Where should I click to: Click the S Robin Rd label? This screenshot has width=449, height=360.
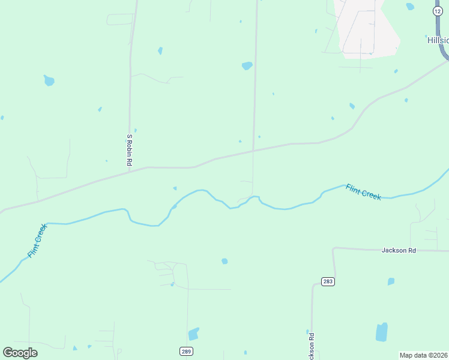129,150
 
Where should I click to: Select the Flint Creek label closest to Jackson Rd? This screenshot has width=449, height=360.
363,192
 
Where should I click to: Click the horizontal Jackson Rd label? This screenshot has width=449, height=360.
399,250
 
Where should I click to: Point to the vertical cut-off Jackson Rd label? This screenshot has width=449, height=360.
312,345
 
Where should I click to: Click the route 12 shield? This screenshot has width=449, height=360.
438,11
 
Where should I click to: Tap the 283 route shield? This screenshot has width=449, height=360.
328,281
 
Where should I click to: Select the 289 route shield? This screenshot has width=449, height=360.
185,350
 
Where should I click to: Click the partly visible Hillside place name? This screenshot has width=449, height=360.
438,40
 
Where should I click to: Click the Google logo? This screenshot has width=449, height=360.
20,352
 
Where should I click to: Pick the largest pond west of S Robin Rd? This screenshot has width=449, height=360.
49,80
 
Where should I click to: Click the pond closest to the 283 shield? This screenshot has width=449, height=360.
391,281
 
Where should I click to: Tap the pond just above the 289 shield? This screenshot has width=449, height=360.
193,334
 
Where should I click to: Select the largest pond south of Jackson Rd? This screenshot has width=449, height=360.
382,332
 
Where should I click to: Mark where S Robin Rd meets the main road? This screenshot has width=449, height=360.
130,170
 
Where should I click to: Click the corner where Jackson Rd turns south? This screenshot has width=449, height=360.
334,248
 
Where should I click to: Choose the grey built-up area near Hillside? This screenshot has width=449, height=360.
369,30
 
